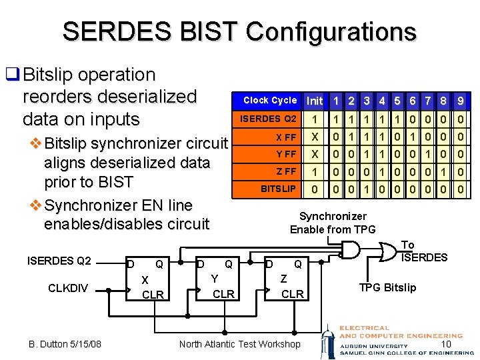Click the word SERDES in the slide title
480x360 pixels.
point(117,31)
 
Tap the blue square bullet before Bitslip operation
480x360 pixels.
point(13,74)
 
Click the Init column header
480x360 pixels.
point(315,101)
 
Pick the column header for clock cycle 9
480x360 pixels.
point(461,101)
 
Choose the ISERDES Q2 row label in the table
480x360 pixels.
point(267,119)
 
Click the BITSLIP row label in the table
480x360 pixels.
point(267,189)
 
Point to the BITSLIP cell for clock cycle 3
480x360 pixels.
point(367,189)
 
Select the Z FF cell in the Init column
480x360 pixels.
point(315,172)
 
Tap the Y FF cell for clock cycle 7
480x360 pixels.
point(427,154)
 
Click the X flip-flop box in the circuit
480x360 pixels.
point(147,279)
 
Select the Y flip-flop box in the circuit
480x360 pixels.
point(217,279)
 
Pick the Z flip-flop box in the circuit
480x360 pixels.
point(287,279)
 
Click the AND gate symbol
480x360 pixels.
point(351,250)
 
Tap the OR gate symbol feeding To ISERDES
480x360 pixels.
point(388,252)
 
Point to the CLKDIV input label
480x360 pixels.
point(68,288)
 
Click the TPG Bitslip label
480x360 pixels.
point(387,287)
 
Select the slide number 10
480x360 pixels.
point(446,344)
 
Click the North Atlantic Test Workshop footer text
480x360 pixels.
point(240,344)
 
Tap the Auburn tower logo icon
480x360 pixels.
point(329,342)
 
